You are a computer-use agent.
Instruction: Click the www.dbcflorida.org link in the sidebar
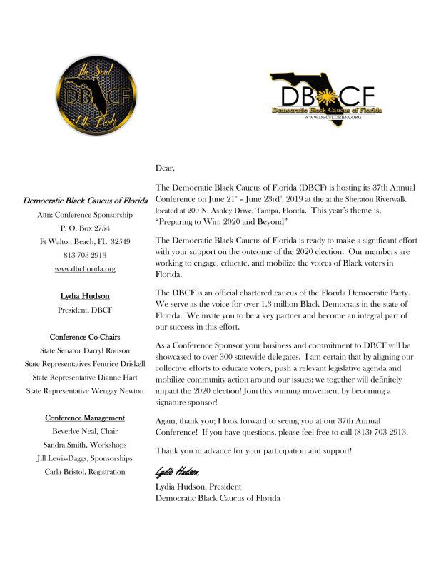pos(85,269)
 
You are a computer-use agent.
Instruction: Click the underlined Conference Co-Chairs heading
pos(85,336)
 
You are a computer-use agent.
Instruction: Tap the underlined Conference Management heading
pos(85,418)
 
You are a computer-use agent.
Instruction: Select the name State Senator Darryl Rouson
pos(85,350)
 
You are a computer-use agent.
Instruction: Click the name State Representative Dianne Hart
pos(85,378)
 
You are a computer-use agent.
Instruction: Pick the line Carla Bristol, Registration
pos(85,472)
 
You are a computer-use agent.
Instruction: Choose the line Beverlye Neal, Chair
pos(85,431)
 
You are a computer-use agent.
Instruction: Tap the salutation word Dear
pos(165,168)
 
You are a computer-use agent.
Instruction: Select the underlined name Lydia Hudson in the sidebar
pos(85,296)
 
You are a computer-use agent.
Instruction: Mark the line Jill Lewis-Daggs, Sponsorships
pos(85,458)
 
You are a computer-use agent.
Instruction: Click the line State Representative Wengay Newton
pos(85,390)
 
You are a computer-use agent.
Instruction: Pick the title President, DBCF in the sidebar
pos(85,310)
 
